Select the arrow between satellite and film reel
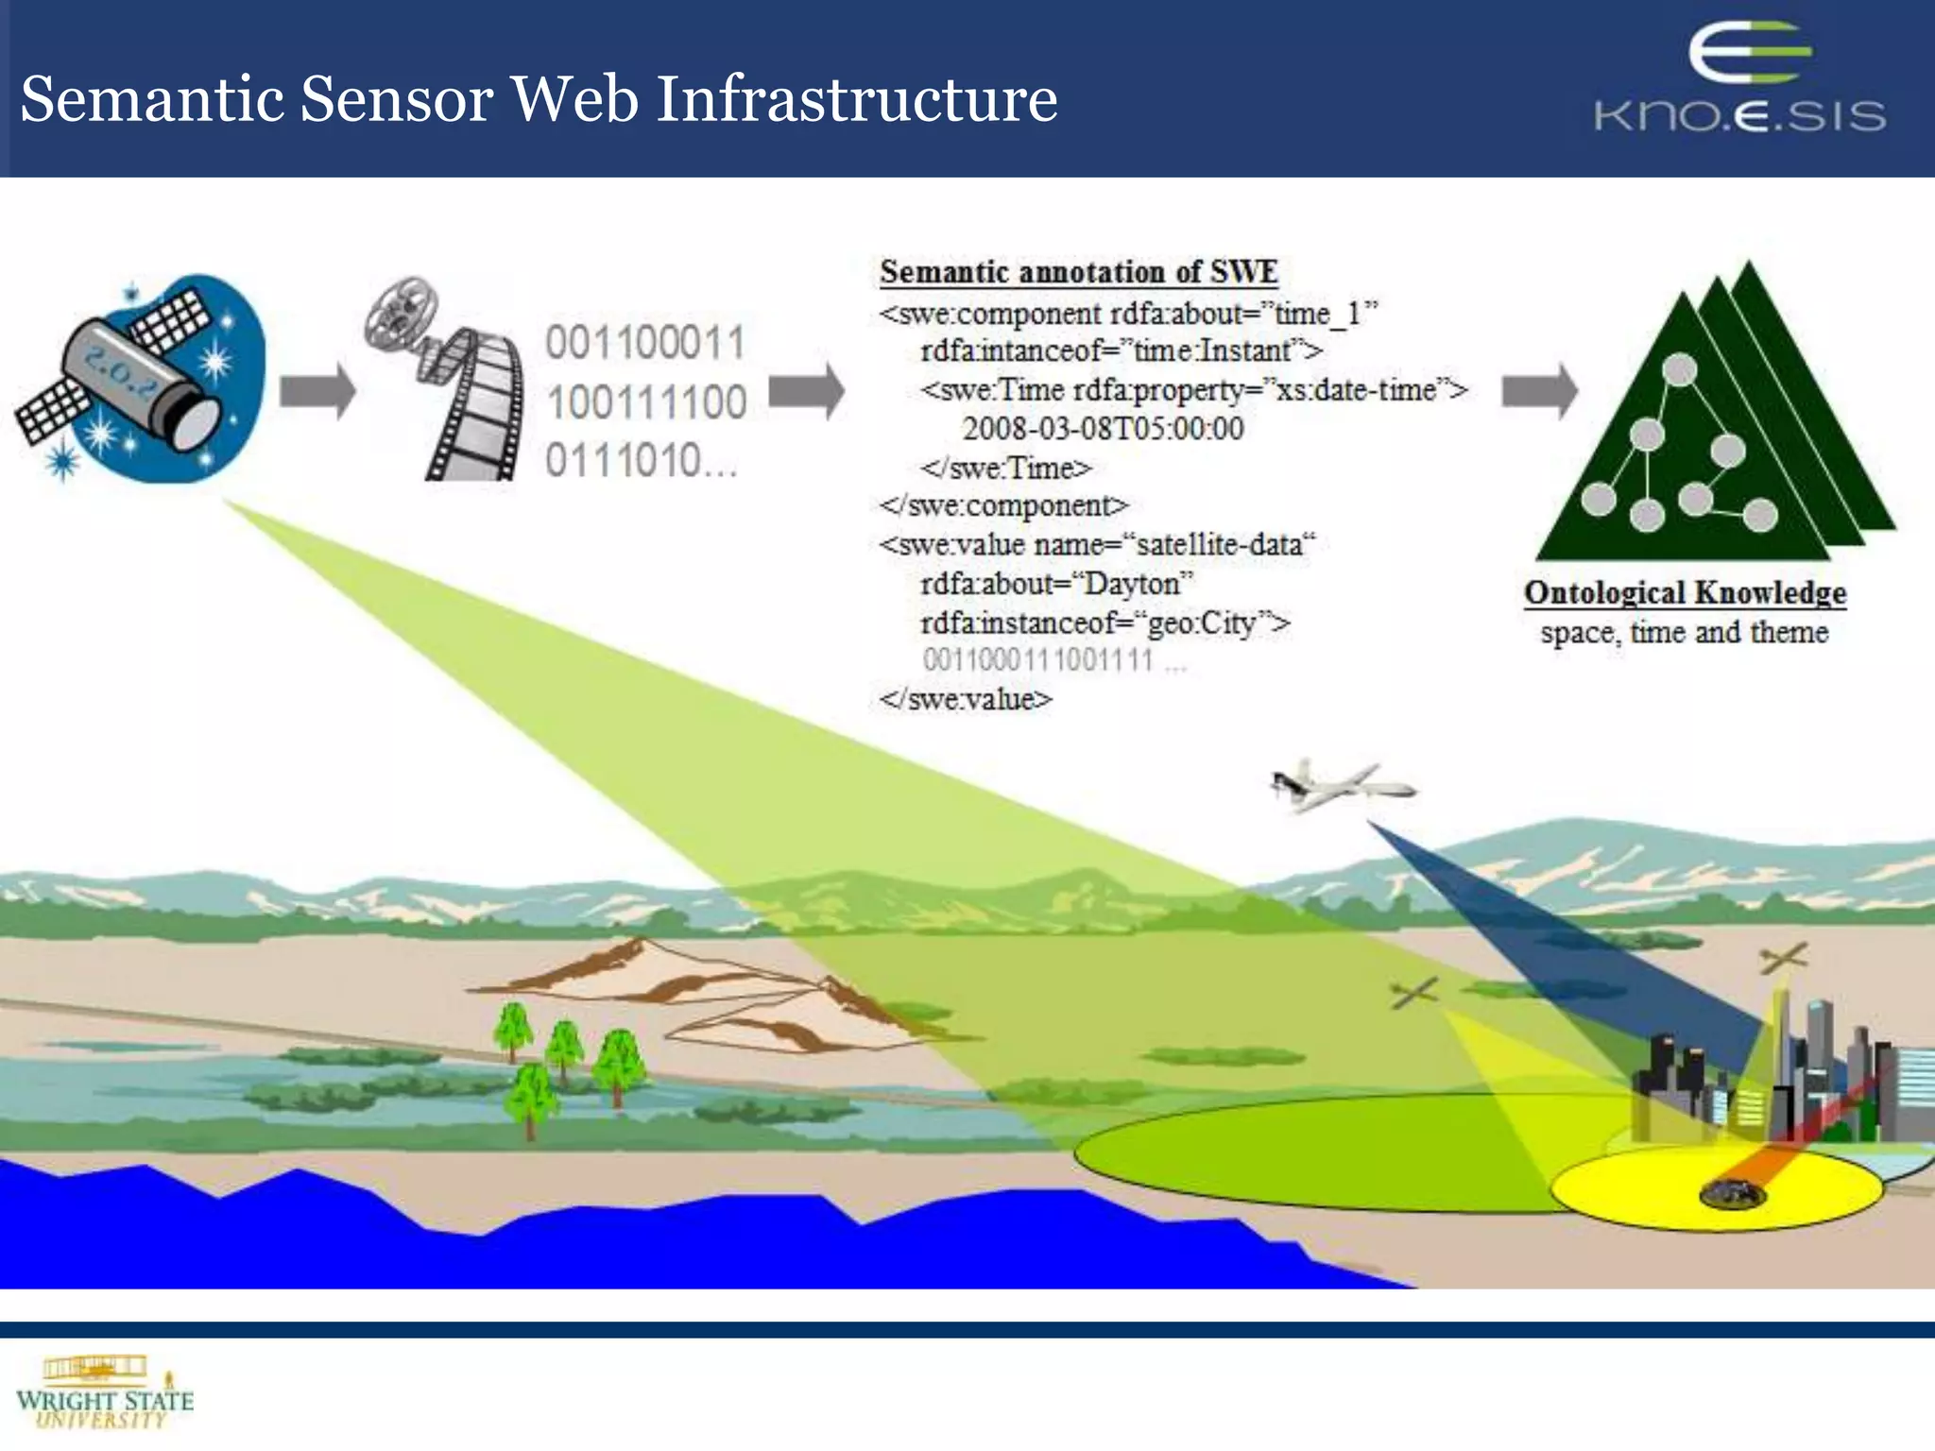coord(317,390)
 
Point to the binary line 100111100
coord(646,402)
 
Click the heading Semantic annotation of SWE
coord(1078,272)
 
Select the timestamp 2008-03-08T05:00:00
coord(1103,429)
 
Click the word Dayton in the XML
coord(1132,584)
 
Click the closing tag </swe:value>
coord(965,699)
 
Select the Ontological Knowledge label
coord(1685,593)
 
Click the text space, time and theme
coord(1685,632)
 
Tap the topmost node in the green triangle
coord(1679,369)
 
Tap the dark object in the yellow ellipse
coord(1732,1194)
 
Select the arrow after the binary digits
coord(806,390)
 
